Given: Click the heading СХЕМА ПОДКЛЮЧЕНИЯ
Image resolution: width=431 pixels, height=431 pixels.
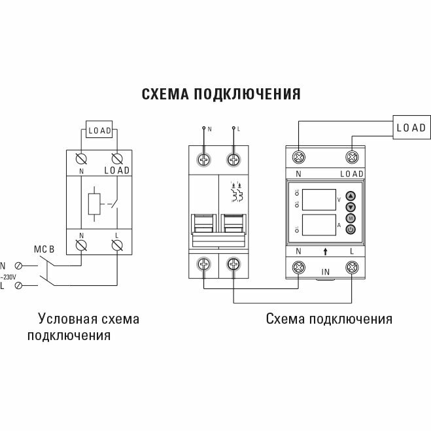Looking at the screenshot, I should tap(221, 94).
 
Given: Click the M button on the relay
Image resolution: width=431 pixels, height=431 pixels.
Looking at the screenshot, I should tap(350, 218).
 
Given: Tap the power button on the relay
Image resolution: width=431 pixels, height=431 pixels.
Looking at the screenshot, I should tap(350, 229).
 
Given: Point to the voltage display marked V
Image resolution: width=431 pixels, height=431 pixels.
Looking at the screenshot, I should tap(318, 198).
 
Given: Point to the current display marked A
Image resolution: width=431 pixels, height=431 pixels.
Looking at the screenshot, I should tap(318, 225).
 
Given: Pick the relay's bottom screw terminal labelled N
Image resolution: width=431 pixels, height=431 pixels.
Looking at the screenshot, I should tap(300, 267).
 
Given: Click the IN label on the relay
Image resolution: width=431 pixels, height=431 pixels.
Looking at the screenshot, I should tap(326, 270).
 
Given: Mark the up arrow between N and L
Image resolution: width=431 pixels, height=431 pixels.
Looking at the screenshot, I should tap(326, 251).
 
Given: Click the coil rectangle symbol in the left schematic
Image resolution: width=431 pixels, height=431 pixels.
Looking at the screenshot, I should tap(92, 203).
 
